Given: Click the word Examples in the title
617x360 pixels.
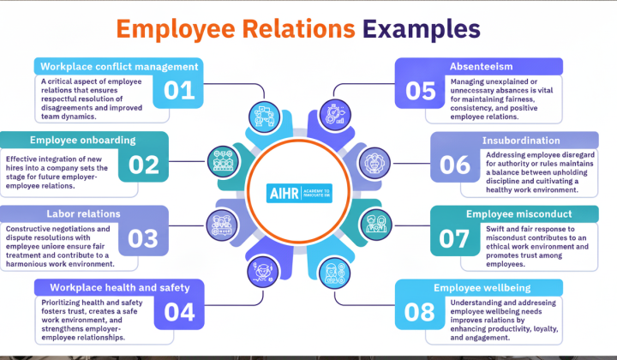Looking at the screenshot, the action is click(421, 30).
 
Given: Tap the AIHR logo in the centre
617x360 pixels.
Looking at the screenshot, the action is click(299, 193).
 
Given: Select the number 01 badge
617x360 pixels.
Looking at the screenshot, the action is click(179, 91).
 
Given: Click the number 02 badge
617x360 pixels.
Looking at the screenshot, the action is click(144, 165).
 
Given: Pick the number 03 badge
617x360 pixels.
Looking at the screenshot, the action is click(143, 238).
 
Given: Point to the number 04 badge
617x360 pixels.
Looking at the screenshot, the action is click(179, 312).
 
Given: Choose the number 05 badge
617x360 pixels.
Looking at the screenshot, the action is click(420, 91).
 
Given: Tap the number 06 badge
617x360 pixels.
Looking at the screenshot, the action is click(455, 165).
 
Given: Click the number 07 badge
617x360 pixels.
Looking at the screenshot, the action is click(455, 238).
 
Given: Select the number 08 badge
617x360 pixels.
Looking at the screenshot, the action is click(420, 312).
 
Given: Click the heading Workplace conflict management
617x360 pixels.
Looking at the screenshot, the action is click(119, 67).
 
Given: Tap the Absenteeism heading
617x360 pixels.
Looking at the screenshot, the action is click(482, 67).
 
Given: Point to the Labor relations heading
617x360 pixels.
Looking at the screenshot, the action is click(83, 213).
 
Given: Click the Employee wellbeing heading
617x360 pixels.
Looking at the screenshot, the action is click(482, 288).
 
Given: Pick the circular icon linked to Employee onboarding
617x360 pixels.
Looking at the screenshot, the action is click(223, 161).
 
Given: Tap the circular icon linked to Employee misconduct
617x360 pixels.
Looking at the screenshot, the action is click(376, 225).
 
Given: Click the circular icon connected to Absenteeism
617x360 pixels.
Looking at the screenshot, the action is click(335, 115).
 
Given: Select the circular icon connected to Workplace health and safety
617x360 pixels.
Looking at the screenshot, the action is click(263, 272).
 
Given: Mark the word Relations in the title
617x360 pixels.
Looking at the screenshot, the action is click(299, 29).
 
